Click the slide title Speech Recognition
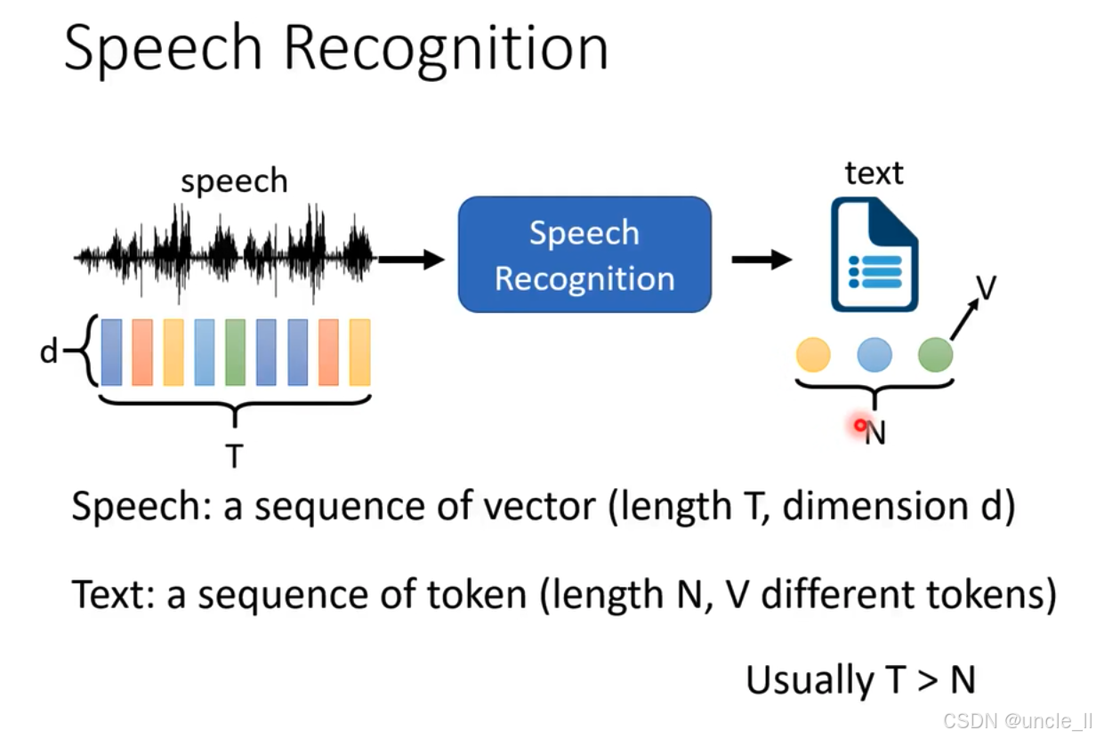336,49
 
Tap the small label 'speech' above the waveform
234,181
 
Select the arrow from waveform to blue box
411,260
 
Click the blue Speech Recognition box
584,255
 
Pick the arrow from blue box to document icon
761,260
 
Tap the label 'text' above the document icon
874,172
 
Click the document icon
874,255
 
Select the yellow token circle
813,355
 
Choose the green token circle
935,355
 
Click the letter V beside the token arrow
985,288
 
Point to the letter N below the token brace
876,434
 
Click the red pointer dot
860,426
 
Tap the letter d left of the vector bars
49,352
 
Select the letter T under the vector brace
234,456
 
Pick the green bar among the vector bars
235,352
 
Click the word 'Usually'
810,680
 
